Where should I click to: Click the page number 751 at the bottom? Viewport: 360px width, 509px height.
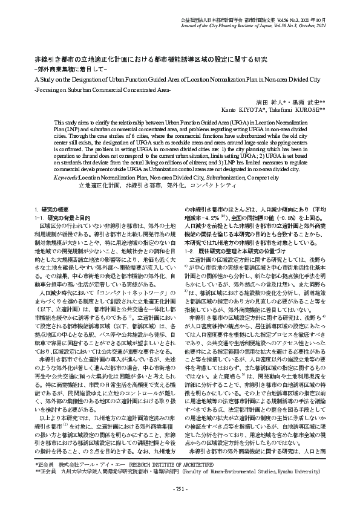pos(180,488)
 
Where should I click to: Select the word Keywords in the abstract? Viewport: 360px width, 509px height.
pos(65,178)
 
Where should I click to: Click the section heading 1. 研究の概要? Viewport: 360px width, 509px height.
pos(51,209)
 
